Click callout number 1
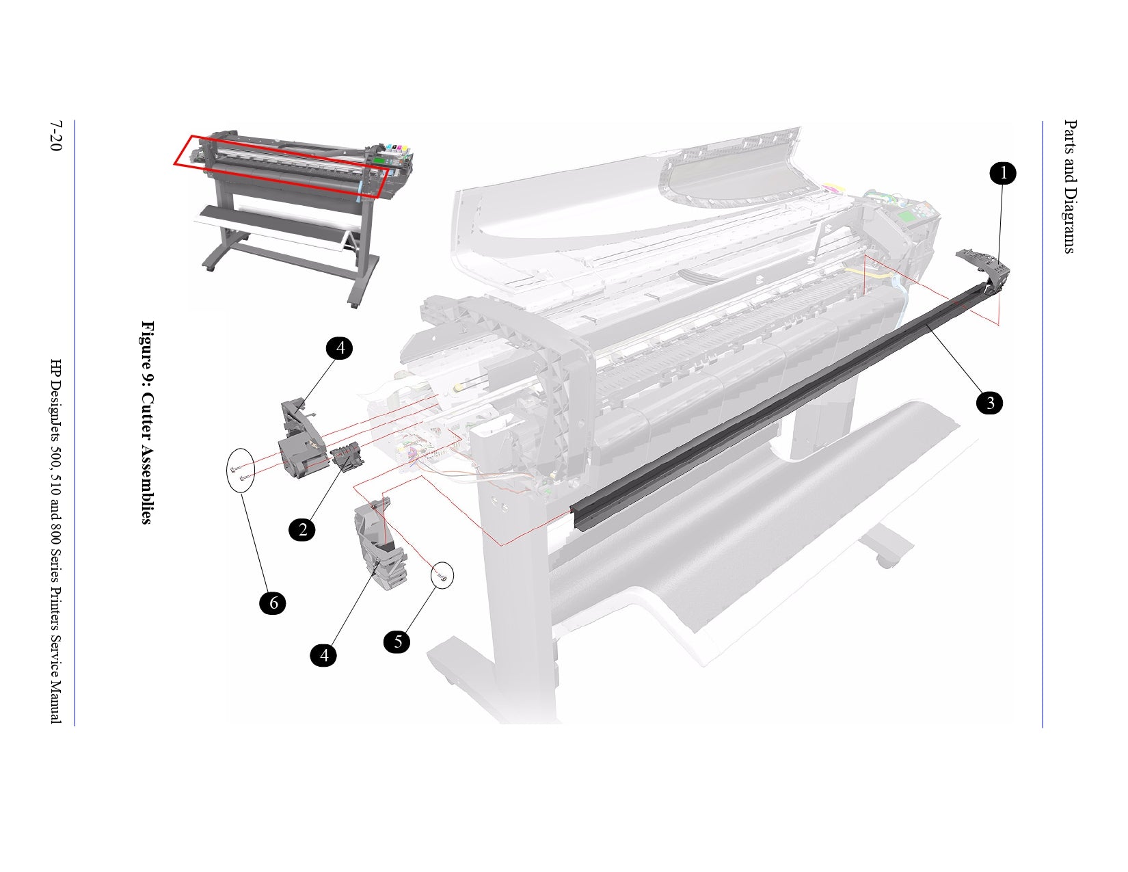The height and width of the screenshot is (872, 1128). click(1003, 174)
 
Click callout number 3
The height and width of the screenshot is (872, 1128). click(990, 404)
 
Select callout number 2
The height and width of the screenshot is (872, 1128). click(302, 529)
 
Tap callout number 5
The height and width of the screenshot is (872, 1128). click(397, 642)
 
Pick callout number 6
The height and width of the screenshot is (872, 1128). click(273, 603)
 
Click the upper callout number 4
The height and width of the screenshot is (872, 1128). click(340, 348)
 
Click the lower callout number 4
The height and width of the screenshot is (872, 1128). click(323, 655)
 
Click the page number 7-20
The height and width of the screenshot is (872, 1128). click(56, 137)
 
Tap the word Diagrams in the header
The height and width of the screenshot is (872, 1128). click(1070, 220)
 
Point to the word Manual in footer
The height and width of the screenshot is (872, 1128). click(56, 702)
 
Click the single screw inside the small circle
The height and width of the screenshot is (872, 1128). click(443, 578)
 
